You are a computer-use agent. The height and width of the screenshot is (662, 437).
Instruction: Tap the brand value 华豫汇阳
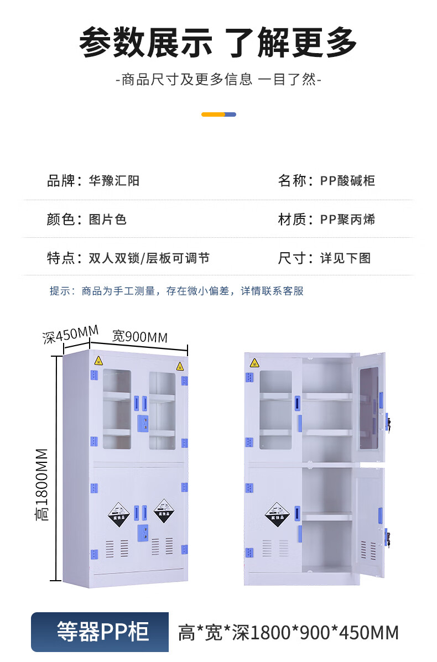tap(114, 181)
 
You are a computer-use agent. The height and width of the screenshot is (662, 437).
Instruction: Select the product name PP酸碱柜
tap(347, 181)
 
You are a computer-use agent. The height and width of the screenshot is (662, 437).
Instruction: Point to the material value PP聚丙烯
tap(347, 220)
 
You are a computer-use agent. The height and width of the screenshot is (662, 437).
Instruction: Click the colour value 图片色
tap(108, 220)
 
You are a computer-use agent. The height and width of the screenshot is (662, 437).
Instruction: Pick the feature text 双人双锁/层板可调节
tap(149, 258)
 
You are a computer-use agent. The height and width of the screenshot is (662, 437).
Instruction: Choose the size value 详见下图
tap(345, 258)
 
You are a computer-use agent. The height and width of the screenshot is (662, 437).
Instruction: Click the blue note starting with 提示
tap(176, 291)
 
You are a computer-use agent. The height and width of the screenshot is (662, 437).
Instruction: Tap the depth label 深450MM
tap(70, 335)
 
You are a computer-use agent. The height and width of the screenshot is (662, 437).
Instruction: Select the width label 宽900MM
tap(140, 336)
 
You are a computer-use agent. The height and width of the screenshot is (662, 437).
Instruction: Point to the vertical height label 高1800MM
tap(42, 484)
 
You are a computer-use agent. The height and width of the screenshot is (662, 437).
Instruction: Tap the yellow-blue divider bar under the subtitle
tap(218, 114)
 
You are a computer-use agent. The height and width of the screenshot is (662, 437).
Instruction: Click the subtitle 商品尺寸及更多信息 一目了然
tap(218, 80)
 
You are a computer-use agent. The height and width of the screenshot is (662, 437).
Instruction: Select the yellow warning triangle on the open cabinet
tap(254, 363)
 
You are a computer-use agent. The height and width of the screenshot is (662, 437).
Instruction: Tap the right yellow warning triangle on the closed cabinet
tap(180, 366)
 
